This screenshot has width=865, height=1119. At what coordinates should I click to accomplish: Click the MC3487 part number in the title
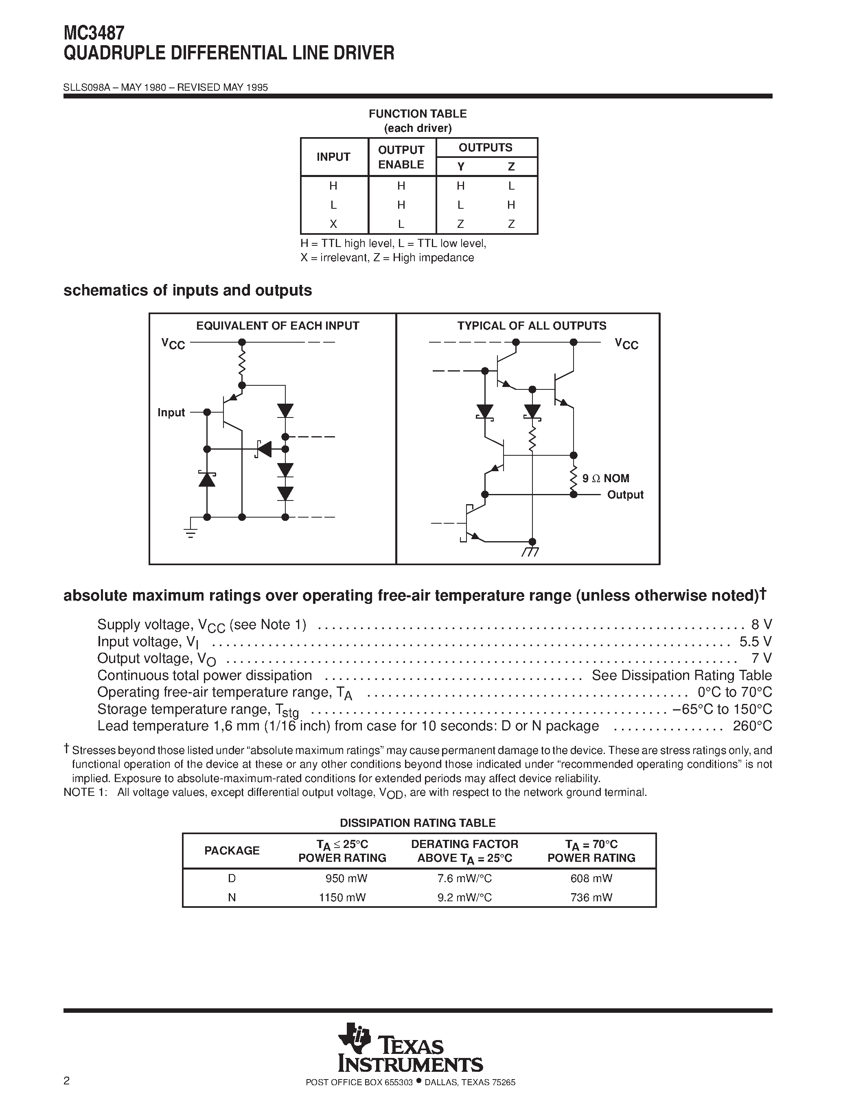point(94,33)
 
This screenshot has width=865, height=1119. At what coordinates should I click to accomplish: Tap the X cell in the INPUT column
point(333,224)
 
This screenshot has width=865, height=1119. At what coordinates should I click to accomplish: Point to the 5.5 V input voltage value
point(756,641)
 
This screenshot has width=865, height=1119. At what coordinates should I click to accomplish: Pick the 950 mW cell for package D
point(346,878)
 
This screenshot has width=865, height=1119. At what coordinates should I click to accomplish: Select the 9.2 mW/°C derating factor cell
point(464,897)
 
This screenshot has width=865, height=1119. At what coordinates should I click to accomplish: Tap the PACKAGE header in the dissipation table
point(232,850)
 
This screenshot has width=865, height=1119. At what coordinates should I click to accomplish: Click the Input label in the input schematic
point(171,413)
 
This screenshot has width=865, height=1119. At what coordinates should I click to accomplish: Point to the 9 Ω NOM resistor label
point(605,478)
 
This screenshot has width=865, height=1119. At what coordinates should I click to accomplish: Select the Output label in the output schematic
point(625,495)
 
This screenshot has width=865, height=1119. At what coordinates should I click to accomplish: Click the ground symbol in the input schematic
point(191,533)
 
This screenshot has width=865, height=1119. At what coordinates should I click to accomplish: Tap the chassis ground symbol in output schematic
point(531,552)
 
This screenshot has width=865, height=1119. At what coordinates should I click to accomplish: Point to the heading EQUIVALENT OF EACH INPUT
point(277,326)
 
